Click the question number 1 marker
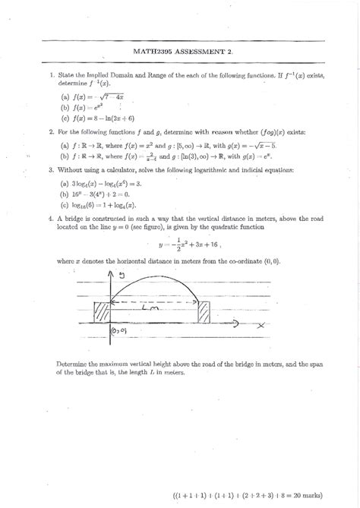click(49, 74)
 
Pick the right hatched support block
click(204, 314)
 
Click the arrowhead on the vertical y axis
click(112, 274)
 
